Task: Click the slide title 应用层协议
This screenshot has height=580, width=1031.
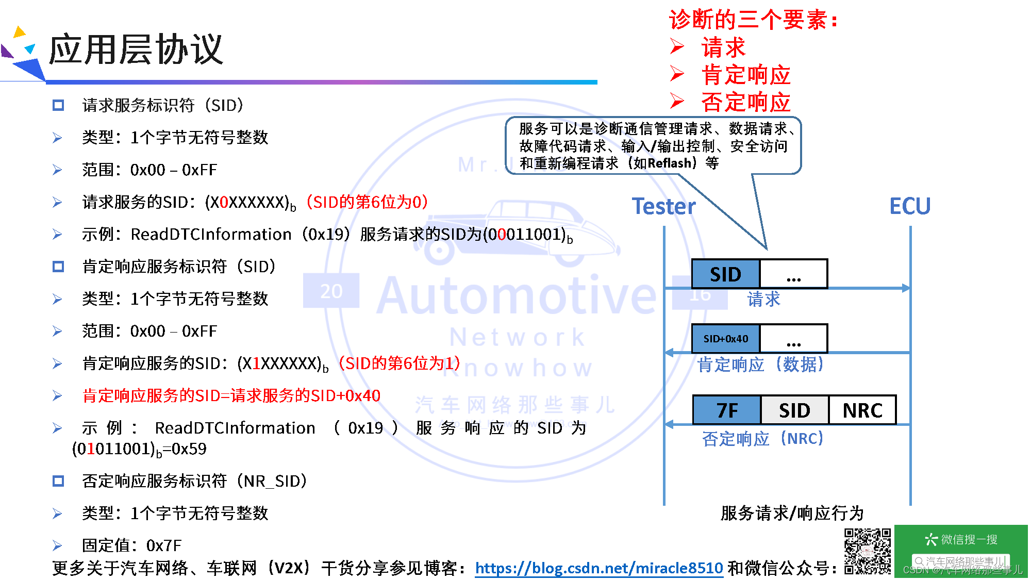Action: [136, 49]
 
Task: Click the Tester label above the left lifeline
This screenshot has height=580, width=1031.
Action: [663, 206]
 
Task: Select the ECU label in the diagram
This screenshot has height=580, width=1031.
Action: [910, 206]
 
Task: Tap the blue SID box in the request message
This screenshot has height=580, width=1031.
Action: [725, 274]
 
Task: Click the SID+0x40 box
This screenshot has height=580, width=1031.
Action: [725, 339]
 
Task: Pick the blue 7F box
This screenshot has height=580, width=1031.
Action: [727, 410]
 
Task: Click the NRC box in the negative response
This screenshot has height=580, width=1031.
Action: [862, 410]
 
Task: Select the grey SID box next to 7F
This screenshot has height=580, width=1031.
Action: [794, 410]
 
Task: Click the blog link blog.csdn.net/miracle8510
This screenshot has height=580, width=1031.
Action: [598, 568]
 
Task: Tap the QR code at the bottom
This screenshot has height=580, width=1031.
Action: [868, 551]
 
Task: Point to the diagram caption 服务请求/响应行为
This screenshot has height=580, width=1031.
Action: [792, 513]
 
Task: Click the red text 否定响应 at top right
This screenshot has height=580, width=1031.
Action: [745, 102]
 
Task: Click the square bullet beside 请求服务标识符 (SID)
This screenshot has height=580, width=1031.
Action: [58, 106]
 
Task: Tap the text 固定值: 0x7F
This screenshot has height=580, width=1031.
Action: [131, 545]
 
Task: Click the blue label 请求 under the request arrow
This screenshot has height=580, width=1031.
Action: [763, 299]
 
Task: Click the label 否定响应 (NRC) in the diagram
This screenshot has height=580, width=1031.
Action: [763, 439]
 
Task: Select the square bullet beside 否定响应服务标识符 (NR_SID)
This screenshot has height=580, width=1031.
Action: [58, 481]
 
